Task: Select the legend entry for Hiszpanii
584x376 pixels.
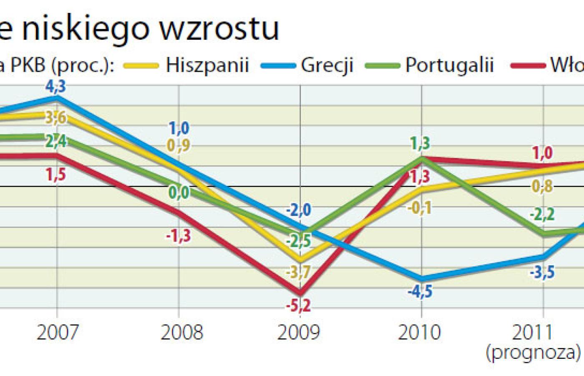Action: tap(207, 65)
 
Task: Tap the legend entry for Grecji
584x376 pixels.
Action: tap(327, 65)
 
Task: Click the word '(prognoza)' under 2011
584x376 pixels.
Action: tap(533, 353)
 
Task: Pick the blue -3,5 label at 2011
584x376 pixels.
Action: tap(542, 272)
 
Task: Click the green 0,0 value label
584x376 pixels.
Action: tap(179, 193)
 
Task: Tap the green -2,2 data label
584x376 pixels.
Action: tap(542, 215)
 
